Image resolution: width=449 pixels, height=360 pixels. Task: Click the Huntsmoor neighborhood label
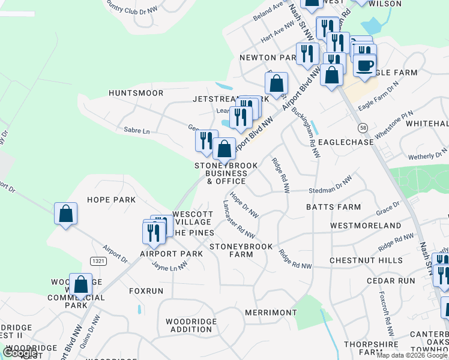coord(136,93)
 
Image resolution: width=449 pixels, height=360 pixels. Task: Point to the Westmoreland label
coord(366,226)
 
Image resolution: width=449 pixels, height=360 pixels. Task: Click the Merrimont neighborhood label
coord(271,313)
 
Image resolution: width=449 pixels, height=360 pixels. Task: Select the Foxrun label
coord(146,290)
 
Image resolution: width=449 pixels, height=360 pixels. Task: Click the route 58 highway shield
coord(363,128)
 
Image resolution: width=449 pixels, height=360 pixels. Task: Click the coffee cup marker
coord(364,65)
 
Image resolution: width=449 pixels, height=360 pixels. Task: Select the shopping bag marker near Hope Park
coord(65,214)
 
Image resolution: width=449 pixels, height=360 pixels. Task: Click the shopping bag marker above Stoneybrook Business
coord(224,149)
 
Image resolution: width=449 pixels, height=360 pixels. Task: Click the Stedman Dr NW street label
coord(330,187)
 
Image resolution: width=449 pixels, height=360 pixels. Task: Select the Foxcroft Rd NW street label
coord(385,314)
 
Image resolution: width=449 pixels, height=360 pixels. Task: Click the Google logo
coord(20,353)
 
